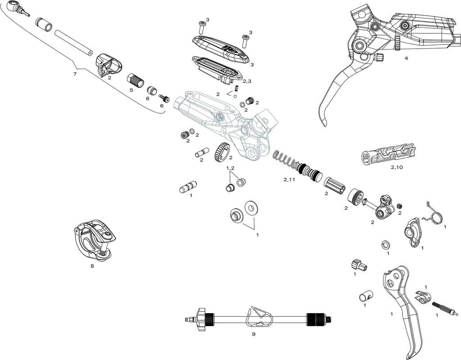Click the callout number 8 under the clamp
pos(92,266)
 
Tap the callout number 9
pos(253,334)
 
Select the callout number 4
pos(406,58)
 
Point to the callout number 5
pos(131,90)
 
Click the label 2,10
pos(397,167)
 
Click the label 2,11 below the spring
pos(289,180)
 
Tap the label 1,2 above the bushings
pos(230,168)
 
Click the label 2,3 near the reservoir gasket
pos(247,81)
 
